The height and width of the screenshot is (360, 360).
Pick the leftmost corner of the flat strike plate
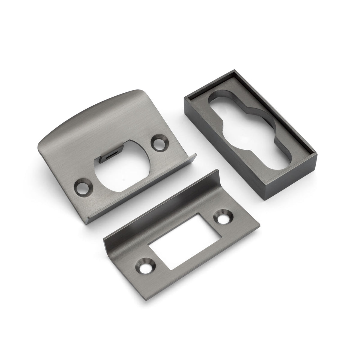click(x=103, y=232)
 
